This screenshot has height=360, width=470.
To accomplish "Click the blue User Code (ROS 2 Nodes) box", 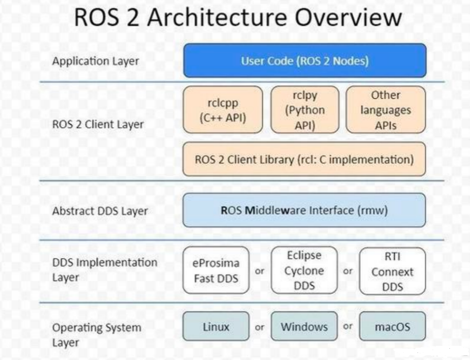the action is [x=305, y=60].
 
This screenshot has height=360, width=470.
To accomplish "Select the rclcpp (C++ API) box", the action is [x=223, y=110].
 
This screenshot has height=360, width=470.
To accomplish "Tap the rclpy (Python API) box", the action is [x=305, y=110].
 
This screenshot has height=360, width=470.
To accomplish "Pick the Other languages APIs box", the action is [x=386, y=110].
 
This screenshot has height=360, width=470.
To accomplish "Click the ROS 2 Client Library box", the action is [x=304, y=159].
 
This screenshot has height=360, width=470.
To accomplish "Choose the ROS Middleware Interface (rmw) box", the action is [x=304, y=210].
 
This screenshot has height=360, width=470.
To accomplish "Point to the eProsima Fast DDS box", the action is [x=216, y=270].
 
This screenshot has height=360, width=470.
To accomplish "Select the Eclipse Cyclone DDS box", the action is [x=304, y=270].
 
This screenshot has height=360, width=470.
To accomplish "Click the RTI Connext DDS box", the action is [x=392, y=271].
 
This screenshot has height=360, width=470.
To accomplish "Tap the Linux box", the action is [x=216, y=326].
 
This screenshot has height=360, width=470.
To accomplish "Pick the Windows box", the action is [x=304, y=326].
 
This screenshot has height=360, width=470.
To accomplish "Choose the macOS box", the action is [x=392, y=326].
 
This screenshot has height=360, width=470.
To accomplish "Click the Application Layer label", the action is [x=96, y=61].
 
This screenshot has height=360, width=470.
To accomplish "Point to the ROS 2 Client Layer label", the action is [x=98, y=124].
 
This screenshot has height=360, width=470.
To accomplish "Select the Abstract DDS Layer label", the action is [x=100, y=211].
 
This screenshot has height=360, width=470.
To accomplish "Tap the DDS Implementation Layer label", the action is [x=104, y=270].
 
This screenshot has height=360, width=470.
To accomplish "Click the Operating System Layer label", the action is [x=96, y=335].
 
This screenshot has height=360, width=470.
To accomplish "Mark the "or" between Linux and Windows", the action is [x=260, y=327].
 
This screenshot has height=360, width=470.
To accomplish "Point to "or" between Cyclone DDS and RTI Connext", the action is [x=348, y=271].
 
